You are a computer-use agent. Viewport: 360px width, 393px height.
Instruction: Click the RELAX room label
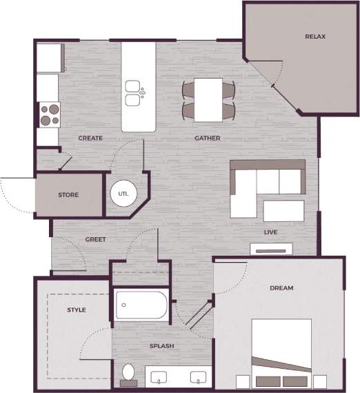[x=315, y=37]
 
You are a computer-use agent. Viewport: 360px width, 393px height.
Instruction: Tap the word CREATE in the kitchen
[x=90, y=139]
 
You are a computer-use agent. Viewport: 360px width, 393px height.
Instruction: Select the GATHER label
[x=207, y=139]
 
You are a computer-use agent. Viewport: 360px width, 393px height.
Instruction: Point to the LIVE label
[x=270, y=233]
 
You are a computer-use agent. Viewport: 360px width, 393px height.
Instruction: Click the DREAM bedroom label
[x=281, y=288]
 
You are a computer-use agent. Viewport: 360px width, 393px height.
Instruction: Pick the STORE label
[x=68, y=195]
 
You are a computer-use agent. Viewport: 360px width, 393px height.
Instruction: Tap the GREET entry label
[x=95, y=240]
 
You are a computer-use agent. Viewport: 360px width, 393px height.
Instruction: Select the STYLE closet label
[x=76, y=310]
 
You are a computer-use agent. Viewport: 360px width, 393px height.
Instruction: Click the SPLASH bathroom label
[x=161, y=346]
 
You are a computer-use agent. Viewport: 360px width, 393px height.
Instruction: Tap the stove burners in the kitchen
[x=49, y=114]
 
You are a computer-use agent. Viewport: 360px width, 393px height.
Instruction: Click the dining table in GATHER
[x=208, y=99]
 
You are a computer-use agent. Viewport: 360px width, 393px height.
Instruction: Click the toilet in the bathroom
[x=128, y=374]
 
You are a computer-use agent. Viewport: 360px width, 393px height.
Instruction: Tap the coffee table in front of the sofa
[x=283, y=210]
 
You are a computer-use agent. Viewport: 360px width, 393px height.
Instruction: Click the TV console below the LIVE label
[x=272, y=249]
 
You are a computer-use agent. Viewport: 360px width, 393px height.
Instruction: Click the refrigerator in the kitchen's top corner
[x=50, y=58]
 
